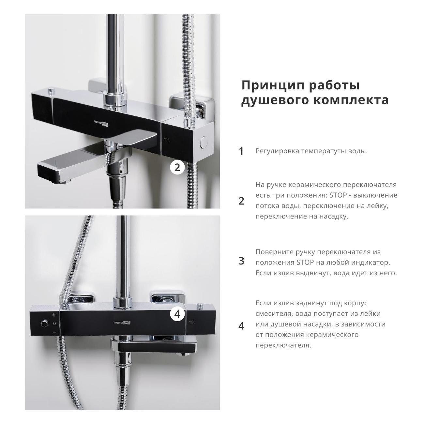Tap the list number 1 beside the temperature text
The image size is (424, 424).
click(241, 151)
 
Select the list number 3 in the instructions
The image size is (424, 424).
click(241, 261)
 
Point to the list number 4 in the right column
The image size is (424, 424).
click(241, 326)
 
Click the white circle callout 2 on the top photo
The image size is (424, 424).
click(177, 168)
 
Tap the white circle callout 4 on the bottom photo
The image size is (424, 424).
click(177, 314)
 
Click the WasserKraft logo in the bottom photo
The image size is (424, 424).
click(122, 323)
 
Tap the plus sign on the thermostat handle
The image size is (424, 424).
click(54, 315)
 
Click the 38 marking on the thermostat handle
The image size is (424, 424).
click(54, 324)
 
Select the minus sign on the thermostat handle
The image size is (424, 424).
click(54, 332)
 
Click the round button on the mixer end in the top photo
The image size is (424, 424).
click(204, 142)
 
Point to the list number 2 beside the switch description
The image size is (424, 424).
click(241, 201)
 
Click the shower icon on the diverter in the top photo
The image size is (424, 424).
click(167, 140)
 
